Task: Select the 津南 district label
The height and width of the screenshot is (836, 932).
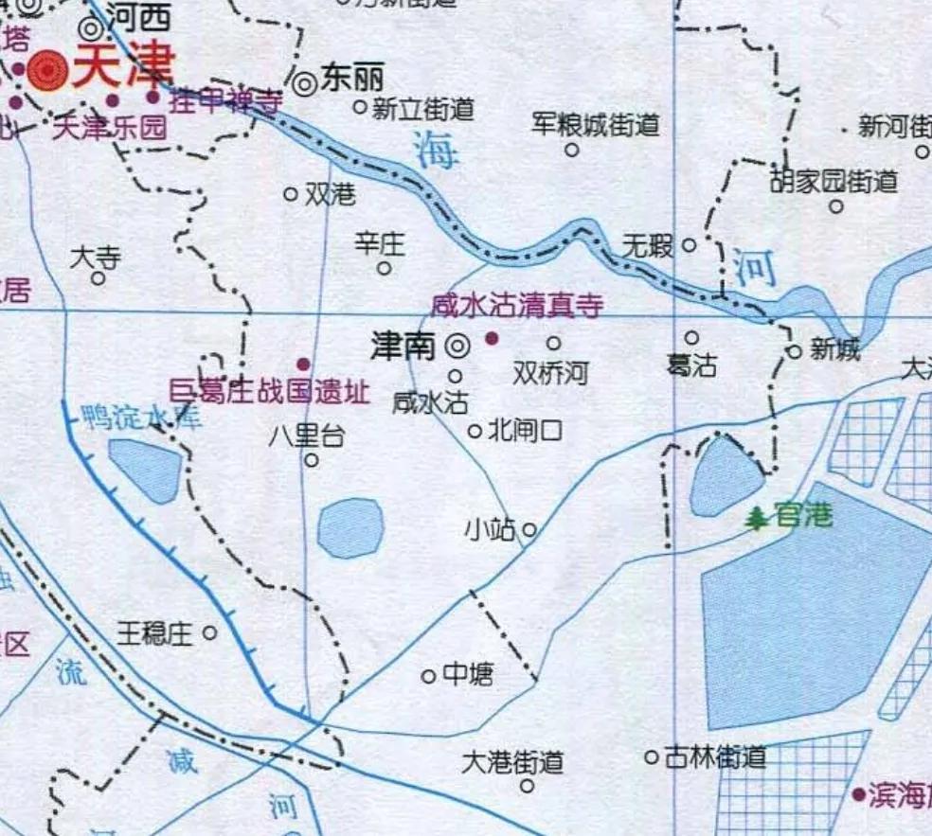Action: tap(404, 347)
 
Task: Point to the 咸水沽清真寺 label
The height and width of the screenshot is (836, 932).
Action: tap(517, 306)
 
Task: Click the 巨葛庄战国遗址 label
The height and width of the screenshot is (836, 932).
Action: tap(268, 391)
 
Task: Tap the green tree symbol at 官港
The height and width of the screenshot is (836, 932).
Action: tap(757, 518)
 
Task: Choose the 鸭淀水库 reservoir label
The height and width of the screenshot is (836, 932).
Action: tap(142, 418)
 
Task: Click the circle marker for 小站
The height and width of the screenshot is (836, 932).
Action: tap(529, 529)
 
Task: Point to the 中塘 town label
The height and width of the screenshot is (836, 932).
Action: tap(468, 674)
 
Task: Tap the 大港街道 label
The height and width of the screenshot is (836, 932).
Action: tap(512, 761)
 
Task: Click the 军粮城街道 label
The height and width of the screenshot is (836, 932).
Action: tap(595, 124)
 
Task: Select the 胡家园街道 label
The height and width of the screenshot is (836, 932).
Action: tap(833, 180)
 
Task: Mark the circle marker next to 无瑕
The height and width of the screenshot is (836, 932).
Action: tap(690, 244)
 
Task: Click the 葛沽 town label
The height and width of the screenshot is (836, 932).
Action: tap(691, 365)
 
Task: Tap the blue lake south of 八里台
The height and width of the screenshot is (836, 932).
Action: tap(350, 527)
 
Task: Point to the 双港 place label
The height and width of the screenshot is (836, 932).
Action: tap(331, 194)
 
